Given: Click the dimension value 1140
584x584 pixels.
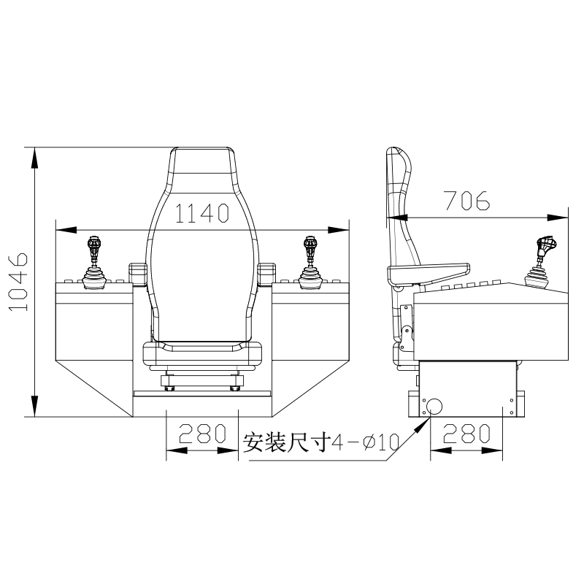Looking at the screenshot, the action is [201, 213].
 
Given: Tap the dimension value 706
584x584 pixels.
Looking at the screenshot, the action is [467, 200].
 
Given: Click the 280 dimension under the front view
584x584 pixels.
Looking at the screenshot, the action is [203, 433].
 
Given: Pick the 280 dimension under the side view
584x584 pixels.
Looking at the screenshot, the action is [466, 433].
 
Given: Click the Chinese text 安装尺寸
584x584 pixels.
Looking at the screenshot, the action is [287, 442].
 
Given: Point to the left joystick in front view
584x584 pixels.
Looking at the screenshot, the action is [94, 263].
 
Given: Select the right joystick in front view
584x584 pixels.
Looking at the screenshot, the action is [311, 263].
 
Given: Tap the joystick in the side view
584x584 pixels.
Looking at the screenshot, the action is [540, 263].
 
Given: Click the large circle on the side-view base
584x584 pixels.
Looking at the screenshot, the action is [434, 407].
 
